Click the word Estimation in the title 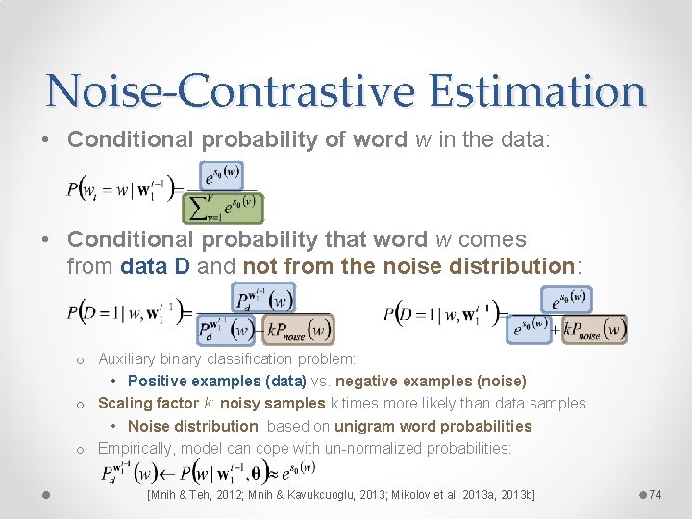537,90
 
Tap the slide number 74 655,494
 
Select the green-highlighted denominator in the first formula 223,208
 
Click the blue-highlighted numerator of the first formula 224,175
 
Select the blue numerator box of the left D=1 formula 263,297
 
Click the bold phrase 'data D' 156,265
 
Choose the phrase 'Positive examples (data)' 216,382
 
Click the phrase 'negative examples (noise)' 438,382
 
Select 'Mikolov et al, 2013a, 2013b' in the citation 453,494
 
